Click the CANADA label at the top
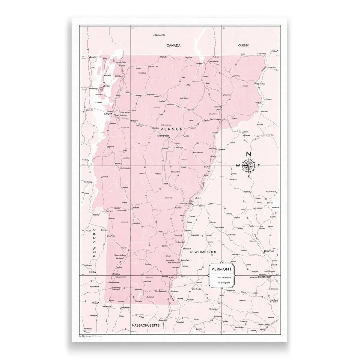tap(174, 45)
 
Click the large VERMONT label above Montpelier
tap(174, 129)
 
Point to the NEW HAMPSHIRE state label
tap(204, 252)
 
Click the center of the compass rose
tap(248, 165)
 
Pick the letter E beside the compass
tap(259, 166)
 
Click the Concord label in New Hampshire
tap(269, 251)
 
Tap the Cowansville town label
tap(159, 35)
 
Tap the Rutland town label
tap(136, 207)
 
